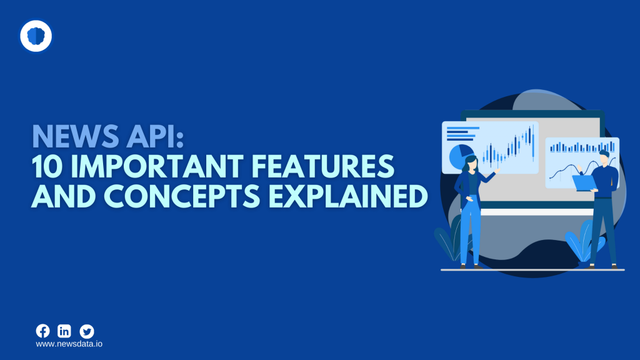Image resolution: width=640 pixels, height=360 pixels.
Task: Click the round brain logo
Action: (x=36, y=36)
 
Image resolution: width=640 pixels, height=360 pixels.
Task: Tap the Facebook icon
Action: (x=42, y=331)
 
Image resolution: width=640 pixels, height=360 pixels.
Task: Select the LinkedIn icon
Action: (x=64, y=331)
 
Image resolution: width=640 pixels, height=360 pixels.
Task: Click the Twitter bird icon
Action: (x=87, y=331)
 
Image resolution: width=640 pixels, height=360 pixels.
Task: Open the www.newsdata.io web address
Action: (x=69, y=344)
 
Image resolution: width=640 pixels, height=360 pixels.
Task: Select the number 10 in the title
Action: (x=49, y=167)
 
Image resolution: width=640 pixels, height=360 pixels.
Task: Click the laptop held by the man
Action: (x=585, y=182)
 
